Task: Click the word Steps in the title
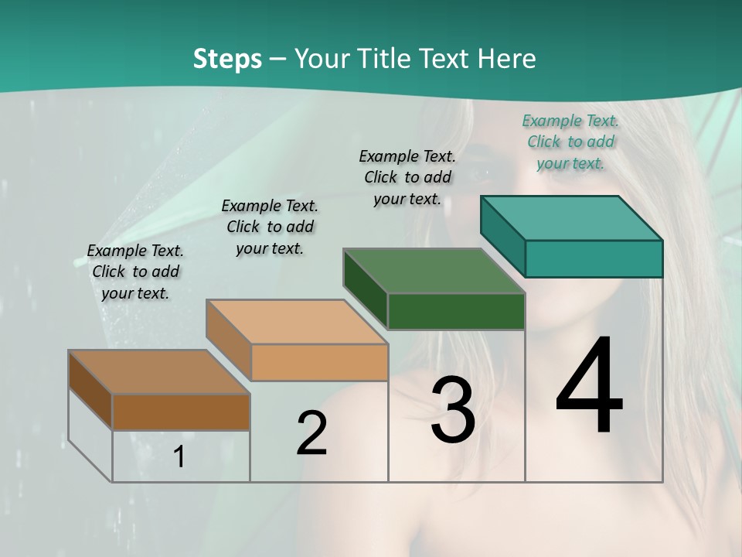tap(227, 59)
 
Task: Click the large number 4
tap(589, 387)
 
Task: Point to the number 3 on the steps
tap(453, 410)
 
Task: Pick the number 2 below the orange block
tap(311, 433)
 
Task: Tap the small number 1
tap(179, 457)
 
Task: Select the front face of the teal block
tap(594, 258)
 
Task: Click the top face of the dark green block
tap(434, 271)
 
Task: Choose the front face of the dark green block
tap(456, 311)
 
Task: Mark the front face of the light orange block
tap(319, 362)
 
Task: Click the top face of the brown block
tap(159, 372)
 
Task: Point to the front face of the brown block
tap(181, 412)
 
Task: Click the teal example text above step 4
tap(570, 142)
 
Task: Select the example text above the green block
tap(407, 177)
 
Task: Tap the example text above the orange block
tap(270, 227)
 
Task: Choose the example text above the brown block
tap(135, 272)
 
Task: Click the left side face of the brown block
tap(90, 390)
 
